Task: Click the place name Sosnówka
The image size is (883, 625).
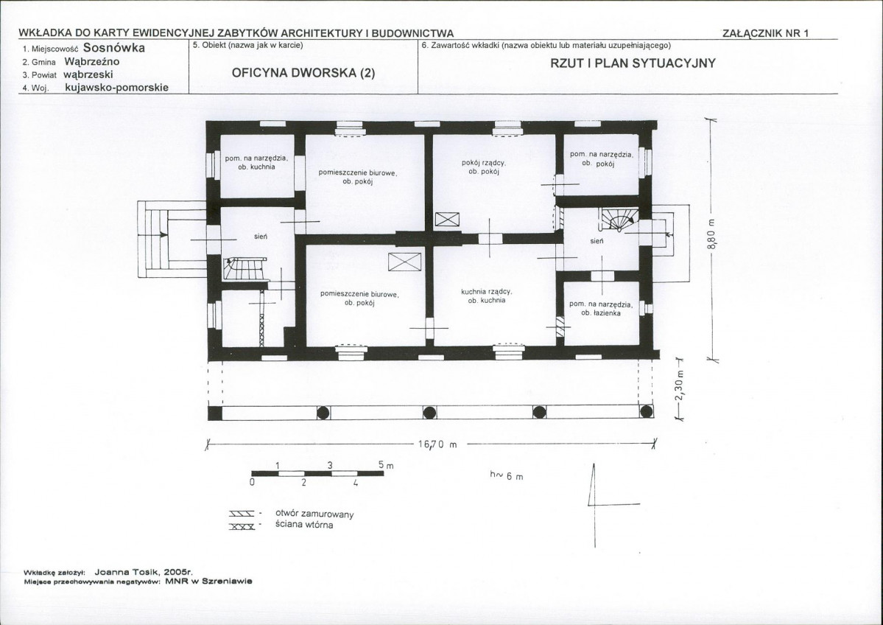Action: (x=113, y=48)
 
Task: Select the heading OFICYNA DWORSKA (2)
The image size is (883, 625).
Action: (x=303, y=73)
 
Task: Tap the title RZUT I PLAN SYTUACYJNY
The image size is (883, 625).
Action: (x=633, y=63)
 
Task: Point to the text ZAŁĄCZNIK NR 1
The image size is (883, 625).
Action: (x=765, y=33)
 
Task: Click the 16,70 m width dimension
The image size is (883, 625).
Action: (x=437, y=444)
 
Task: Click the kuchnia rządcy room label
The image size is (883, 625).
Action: (x=487, y=296)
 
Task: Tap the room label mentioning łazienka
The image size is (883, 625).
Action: (x=601, y=308)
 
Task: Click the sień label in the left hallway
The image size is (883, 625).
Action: (x=260, y=237)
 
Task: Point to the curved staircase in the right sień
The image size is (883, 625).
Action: (x=619, y=219)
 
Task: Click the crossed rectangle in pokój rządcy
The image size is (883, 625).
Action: (x=448, y=219)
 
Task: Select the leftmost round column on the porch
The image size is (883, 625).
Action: (x=323, y=413)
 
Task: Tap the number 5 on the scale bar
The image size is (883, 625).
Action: (x=381, y=466)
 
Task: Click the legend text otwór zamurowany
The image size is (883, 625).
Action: (x=314, y=514)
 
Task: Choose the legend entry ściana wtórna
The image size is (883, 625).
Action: (x=304, y=526)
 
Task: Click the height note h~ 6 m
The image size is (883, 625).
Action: (x=506, y=476)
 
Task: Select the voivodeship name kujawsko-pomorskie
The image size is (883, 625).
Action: (x=116, y=88)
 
